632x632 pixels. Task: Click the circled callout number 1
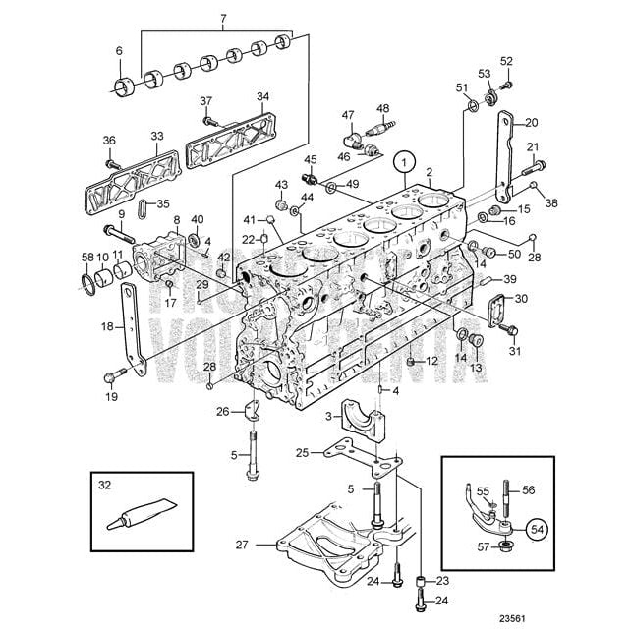404,161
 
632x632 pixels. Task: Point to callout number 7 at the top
222,19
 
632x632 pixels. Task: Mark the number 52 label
506,61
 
